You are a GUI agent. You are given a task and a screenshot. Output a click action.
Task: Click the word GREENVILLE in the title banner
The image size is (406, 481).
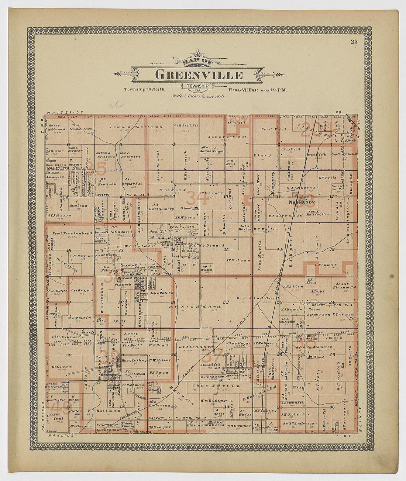click(199, 75)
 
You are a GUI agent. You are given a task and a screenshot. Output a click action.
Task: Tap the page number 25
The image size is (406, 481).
click(354, 42)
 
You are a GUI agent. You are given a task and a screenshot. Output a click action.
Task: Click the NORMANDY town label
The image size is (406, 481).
click(302, 203)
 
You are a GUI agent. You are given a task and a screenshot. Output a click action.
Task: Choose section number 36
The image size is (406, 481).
click(332, 407)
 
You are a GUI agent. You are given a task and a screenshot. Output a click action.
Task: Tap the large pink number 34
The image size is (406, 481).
click(197, 198)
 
